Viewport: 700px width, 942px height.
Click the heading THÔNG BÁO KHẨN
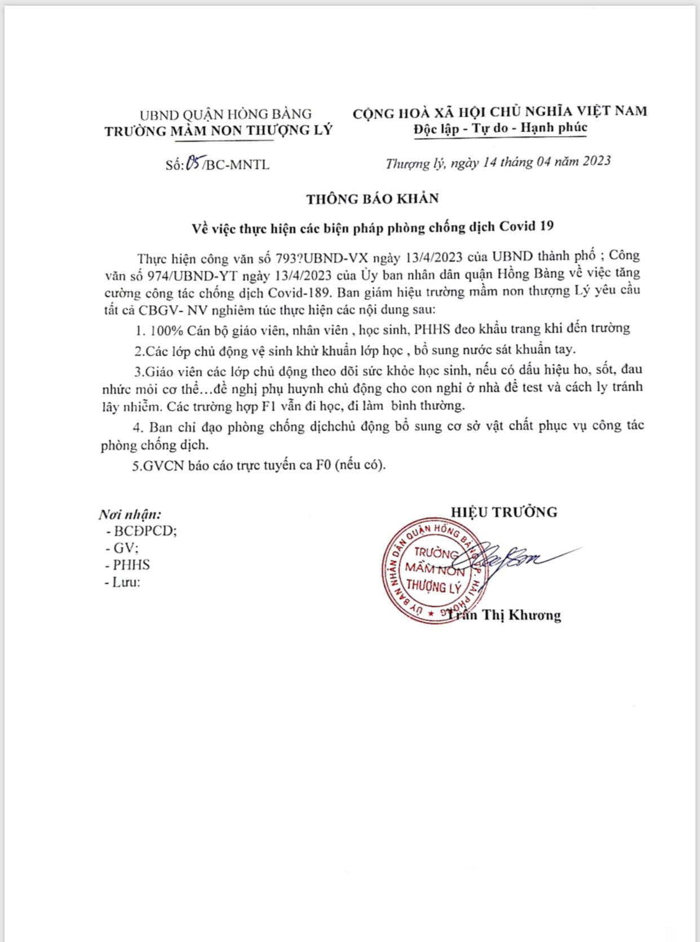click(x=373, y=198)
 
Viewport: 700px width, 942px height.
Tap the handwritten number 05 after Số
click(x=194, y=163)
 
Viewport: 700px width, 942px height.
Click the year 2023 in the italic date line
click(x=596, y=161)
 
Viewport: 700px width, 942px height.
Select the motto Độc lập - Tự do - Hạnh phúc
click(x=500, y=129)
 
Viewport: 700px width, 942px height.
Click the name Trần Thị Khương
click(x=504, y=615)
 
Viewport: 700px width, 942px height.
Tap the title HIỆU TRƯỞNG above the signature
click(x=504, y=512)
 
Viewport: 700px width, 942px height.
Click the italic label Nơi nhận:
click(x=130, y=514)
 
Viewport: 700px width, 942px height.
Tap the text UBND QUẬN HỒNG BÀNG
click(x=225, y=114)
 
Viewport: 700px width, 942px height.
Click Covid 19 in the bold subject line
click(x=526, y=227)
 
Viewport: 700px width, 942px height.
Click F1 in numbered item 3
click(x=268, y=406)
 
